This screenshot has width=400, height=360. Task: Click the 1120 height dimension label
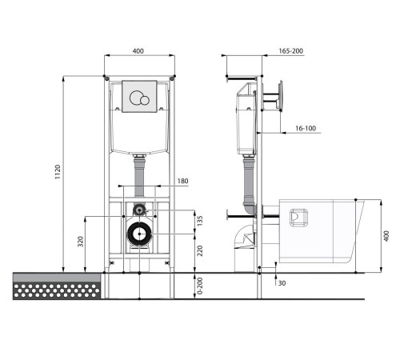click(58, 172)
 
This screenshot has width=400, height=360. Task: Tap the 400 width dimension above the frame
click(138, 50)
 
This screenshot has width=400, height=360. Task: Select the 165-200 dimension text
click(291, 50)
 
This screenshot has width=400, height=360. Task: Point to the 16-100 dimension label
click(306, 128)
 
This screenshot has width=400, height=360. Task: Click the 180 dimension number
click(182, 181)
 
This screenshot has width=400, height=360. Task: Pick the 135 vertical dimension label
click(200, 221)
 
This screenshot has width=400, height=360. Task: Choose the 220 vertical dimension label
click(200, 250)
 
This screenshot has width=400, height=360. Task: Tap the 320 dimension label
click(81, 242)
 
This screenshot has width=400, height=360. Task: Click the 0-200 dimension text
click(200, 286)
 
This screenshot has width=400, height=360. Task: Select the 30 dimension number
click(282, 283)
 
